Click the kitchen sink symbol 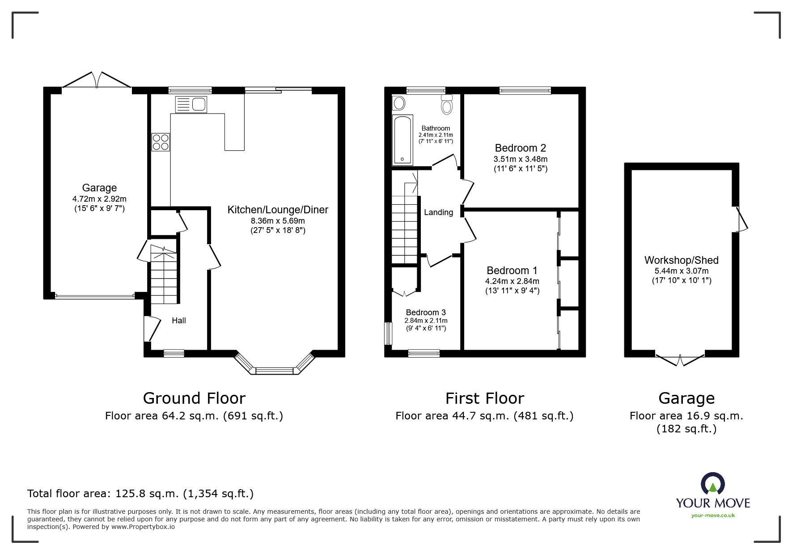[x=191, y=105]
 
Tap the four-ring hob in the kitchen [x=161, y=142]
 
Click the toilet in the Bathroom [x=447, y=105]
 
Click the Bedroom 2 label [x=520, y=148]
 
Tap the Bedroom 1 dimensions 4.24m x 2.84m [x=512, y=281]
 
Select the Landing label [x=438, y=212]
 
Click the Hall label [x=179, y=321]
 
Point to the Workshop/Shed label [x=681, y=260]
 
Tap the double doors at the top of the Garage [x=97, y=80]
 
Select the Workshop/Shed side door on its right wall [x=741, y=219]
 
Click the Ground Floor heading [x=194, y=398]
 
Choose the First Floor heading [x=484, y=398]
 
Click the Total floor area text [x=140, y=494]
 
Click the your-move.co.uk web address [x=713, y=516]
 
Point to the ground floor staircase [x=164, y=275]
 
